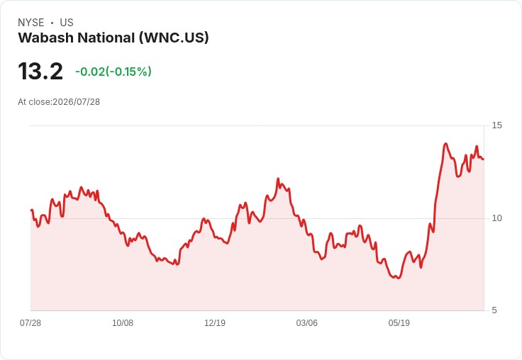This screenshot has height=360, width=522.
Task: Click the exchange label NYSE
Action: point(31,23)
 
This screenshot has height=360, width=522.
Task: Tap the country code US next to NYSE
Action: point(67,23)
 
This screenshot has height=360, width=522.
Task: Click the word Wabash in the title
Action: point(45,38)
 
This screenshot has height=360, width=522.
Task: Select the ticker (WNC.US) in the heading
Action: point(174,38)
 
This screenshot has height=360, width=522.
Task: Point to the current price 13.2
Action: point(40,71)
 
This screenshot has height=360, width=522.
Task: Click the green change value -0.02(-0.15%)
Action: point(113,72)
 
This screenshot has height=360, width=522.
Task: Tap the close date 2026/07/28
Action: point(76,102)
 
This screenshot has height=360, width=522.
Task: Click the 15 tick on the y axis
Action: point(496,125)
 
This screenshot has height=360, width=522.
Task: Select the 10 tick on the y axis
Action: point(496,218)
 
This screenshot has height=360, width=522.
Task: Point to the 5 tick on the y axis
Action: point(494,310)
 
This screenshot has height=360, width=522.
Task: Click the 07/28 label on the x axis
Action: point(30,323)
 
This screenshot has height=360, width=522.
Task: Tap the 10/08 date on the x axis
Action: point(123,323)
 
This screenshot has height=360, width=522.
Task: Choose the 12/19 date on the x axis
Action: point(215,323)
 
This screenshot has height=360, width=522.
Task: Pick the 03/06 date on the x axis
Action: point(307,323)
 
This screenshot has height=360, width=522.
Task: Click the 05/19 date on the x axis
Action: point(399,323)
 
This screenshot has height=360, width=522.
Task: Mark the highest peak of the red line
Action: point(446,144)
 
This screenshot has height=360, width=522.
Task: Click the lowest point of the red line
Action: point(399,279)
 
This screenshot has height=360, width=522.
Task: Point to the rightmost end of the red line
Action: point(484,159)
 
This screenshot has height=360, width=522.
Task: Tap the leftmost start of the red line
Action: point(31,210)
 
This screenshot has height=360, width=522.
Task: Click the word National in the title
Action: point(106,38)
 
